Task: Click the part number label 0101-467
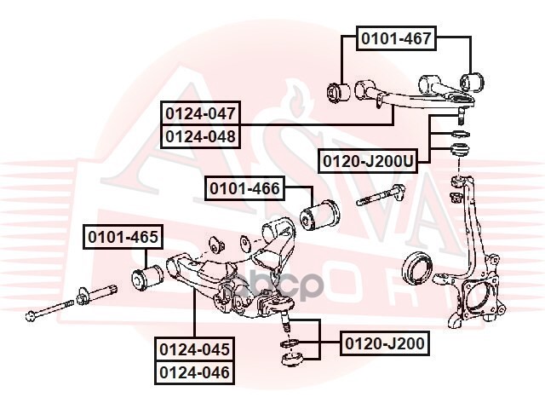(395, 37)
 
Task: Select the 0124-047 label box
(201, 112)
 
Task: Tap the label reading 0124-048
(201, 135)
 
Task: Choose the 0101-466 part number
(244, 188)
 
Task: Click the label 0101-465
(121, 238)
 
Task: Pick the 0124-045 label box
(193, 349)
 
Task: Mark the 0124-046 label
(193, 372)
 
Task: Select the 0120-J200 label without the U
(384, 343)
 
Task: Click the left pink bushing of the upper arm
(339, 90)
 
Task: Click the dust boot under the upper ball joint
(459, 150)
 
